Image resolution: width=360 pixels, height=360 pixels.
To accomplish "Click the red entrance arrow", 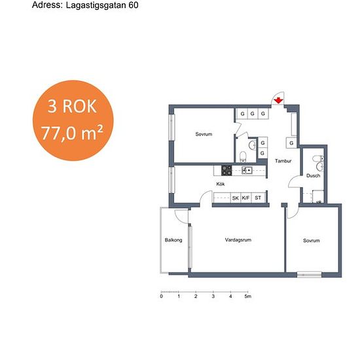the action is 278,100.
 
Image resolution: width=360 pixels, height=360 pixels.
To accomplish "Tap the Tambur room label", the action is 283,161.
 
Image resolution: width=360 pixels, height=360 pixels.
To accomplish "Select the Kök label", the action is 221,184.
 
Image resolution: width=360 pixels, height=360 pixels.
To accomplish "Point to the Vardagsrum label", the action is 238,240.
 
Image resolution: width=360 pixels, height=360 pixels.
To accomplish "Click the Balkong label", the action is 173,240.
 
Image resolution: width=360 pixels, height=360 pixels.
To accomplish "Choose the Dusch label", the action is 313,175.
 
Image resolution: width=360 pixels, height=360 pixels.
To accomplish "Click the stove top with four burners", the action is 226,170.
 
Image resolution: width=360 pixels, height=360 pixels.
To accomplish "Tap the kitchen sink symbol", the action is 247,170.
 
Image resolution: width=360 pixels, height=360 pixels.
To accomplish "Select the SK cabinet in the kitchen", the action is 236,198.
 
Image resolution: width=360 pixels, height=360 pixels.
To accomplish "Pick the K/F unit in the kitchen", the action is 245,198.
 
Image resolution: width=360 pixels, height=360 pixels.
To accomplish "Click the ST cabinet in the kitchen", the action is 258,198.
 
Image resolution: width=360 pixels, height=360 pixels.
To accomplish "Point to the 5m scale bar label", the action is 247,297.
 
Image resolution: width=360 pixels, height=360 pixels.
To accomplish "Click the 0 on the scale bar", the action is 162,297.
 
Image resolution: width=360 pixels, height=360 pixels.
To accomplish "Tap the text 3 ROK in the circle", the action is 72,106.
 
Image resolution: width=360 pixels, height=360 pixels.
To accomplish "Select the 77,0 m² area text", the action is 72,133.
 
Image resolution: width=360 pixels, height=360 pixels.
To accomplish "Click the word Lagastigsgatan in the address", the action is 96,5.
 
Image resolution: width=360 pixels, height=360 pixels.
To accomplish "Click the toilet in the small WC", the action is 242,157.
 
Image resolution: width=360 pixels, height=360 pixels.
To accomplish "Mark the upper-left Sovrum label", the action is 204,134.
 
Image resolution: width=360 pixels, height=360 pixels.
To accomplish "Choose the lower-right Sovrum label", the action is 312,241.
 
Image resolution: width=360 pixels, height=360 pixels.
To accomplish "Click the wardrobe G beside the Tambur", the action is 291,143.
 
